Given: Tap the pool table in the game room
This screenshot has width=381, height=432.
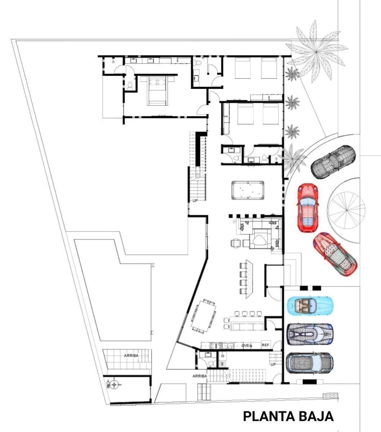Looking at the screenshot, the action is pyautogui.click(x=248, y=190).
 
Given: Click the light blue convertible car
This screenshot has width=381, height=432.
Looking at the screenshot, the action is pyautogui.click(x=310, y=306).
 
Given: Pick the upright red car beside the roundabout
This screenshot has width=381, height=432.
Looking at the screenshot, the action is pyautogui.click(x=308, y=208).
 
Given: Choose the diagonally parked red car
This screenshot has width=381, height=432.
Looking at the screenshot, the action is pyautogui.click(x=335, y=254).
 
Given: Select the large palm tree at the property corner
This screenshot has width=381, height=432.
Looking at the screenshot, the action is pyautogui.click(x=316, y=52).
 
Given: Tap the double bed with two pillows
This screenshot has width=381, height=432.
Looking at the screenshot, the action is pyautogui.click(x=157, y=91).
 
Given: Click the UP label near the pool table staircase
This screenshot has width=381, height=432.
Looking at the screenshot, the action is pyautogui.click(x=195, y=201).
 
